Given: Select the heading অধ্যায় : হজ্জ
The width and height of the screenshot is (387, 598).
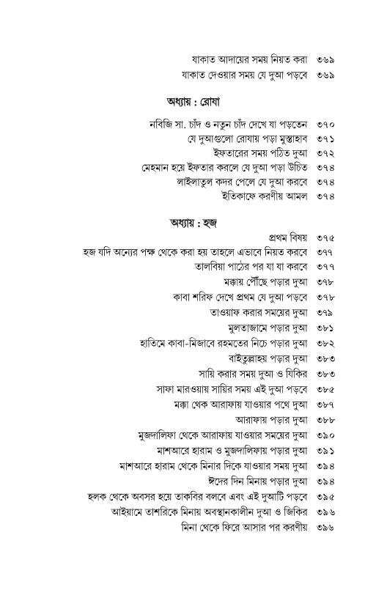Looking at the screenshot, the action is coord(190,221).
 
